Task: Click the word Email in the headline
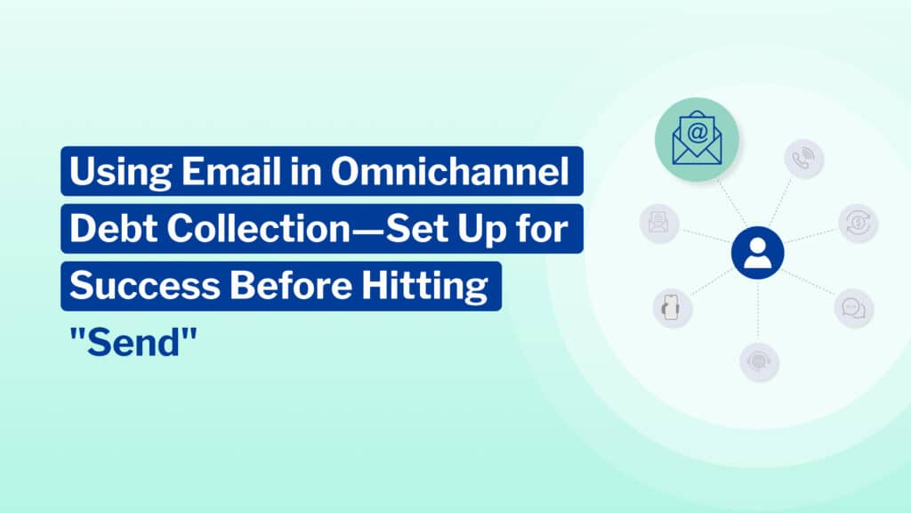[231, 172]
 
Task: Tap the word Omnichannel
[449, 172]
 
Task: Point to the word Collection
[259, 229]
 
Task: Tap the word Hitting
[424, 287]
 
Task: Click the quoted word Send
[133, 343]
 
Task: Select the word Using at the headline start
[120, 173]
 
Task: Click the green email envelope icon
[697, 140]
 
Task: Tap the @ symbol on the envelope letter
[697, 133]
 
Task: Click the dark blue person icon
[758, 253]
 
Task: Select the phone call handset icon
[804, 159]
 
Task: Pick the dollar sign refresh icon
[859, 224]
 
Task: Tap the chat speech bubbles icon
[854, 307]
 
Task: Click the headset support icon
[760, 362]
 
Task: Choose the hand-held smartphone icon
[673, 307]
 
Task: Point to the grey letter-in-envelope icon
[659, 223]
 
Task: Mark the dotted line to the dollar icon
[811, 235]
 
